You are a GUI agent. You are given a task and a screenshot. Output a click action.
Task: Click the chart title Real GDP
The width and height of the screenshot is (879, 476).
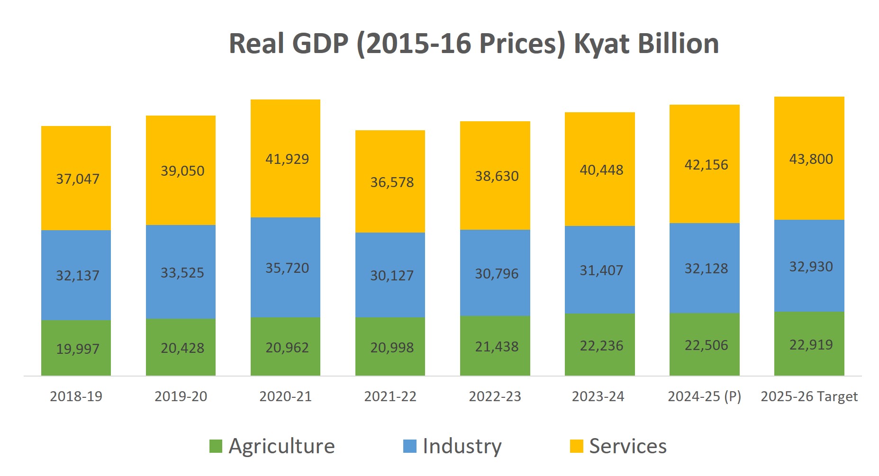[473, 44]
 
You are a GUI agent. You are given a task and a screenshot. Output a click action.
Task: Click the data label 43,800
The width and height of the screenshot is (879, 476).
[811, 159]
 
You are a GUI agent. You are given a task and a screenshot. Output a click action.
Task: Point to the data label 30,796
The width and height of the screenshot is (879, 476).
[497, 274]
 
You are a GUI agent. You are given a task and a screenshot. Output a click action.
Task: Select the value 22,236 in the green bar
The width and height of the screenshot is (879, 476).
[601, 346]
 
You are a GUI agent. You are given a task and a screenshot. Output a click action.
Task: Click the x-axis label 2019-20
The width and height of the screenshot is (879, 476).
[181, 396]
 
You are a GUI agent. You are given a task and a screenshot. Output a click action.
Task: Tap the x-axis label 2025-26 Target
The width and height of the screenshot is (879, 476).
[809, 396]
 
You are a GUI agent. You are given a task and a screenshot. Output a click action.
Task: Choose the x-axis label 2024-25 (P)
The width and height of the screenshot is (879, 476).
[704, 396]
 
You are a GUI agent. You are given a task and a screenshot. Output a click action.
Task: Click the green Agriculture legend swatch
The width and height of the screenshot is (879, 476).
[216, 446]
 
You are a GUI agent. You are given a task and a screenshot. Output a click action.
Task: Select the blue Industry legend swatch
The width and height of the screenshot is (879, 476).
[409, 446]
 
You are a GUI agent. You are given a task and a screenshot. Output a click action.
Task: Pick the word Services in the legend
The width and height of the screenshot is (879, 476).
[627, 446]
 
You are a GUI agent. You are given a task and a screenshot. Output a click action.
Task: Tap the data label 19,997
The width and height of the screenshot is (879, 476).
[78, 349]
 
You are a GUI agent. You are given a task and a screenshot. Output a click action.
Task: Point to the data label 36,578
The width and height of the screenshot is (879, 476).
[392, 182]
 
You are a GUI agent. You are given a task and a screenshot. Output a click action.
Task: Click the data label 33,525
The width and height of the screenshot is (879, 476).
[182, 273]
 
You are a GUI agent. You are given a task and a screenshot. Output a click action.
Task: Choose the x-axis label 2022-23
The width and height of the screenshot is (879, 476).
[495, 396]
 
